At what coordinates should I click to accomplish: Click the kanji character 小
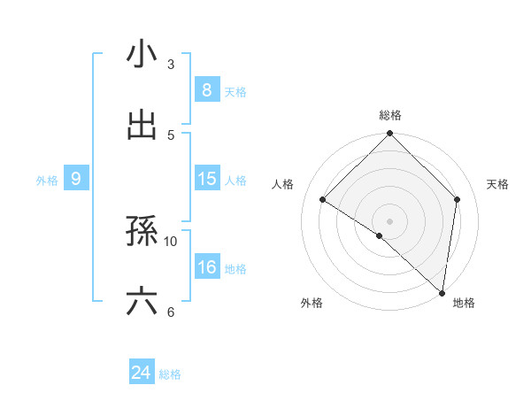point(142,54)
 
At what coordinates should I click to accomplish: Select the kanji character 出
point(142,125)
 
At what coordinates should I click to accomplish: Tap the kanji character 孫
point(142,231)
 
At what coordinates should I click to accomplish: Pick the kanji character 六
point(142,302)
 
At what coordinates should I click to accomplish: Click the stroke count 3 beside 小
point(171,64)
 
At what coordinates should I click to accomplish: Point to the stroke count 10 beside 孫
point(171,241)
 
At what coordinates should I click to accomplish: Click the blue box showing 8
point(206,89)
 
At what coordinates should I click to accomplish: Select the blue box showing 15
point(206,179)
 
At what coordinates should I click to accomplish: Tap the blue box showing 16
point(206,267)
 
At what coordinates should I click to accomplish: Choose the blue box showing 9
point(76,180)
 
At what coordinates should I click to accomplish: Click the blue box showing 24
point(142,374)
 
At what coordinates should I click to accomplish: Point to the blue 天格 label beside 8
point(235,91)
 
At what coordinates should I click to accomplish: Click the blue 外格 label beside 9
point(47,181)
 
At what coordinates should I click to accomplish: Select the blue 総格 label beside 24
point(170,374)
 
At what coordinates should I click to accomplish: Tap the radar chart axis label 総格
point(390,116)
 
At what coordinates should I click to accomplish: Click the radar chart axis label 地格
point(464,304)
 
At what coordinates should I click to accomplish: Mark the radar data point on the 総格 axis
point(390,135)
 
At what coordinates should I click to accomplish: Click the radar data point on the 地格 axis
point(442,292)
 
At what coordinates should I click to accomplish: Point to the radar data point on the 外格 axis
point(380,235)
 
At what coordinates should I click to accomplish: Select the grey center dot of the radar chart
point(390,220)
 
